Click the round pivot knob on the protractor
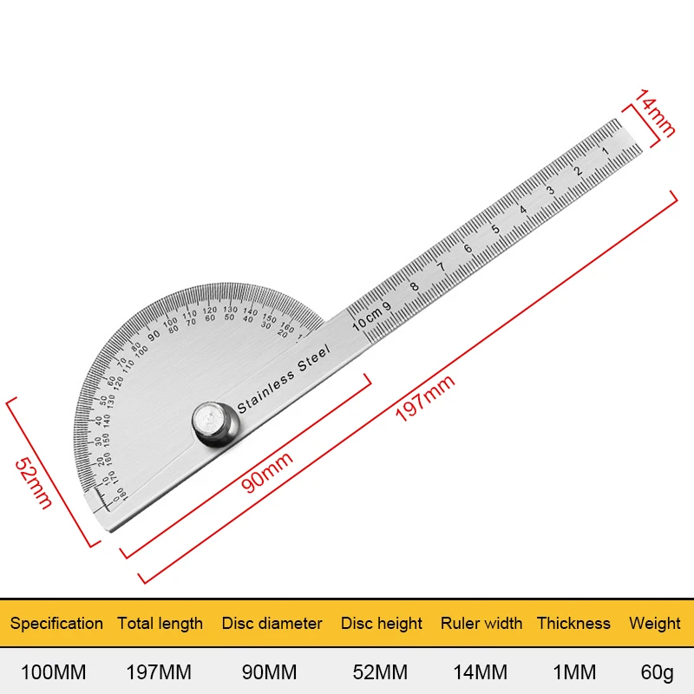coord(214,424)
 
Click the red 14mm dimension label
coord(653,113)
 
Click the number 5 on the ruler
coord(495,230)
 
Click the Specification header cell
coord(56,623)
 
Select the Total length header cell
coord(160,623)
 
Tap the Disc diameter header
coord(272,623)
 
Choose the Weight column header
coord(655,623)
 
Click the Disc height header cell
coord(382,623)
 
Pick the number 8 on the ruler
coord(414,287)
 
